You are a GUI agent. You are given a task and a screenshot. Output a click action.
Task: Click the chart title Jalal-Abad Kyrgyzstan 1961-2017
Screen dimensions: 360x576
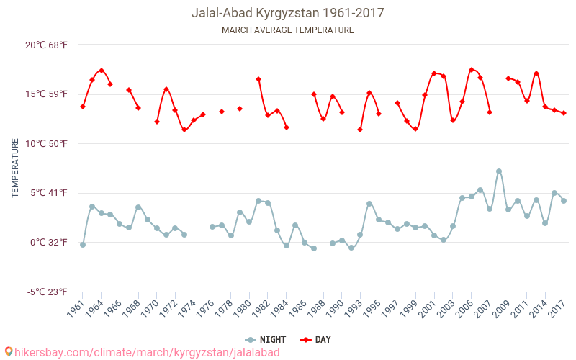[287, 13]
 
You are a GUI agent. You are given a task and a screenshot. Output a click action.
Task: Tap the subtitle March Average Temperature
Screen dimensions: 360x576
[287, 30]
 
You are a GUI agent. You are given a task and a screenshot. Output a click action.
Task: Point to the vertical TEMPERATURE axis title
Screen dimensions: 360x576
[15, 168]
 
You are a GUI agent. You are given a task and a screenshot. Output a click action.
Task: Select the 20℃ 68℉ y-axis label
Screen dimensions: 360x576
[47, 45]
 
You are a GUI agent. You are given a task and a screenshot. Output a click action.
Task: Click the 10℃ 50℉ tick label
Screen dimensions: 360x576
[47, 143]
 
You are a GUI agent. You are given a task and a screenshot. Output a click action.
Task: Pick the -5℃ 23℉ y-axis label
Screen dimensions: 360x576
[47, 292]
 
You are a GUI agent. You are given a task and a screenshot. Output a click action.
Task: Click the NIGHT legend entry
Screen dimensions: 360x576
[266, 339]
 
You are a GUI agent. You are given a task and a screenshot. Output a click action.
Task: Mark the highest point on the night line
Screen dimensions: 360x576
[499, 171]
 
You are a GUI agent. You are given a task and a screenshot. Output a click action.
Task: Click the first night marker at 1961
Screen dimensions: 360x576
[83, 245]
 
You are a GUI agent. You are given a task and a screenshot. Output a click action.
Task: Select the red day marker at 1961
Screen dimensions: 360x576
[83, 107]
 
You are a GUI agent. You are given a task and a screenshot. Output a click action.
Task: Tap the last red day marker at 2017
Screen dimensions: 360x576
[564, 113]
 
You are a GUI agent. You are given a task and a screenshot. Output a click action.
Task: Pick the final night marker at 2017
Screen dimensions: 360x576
[564, 201]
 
